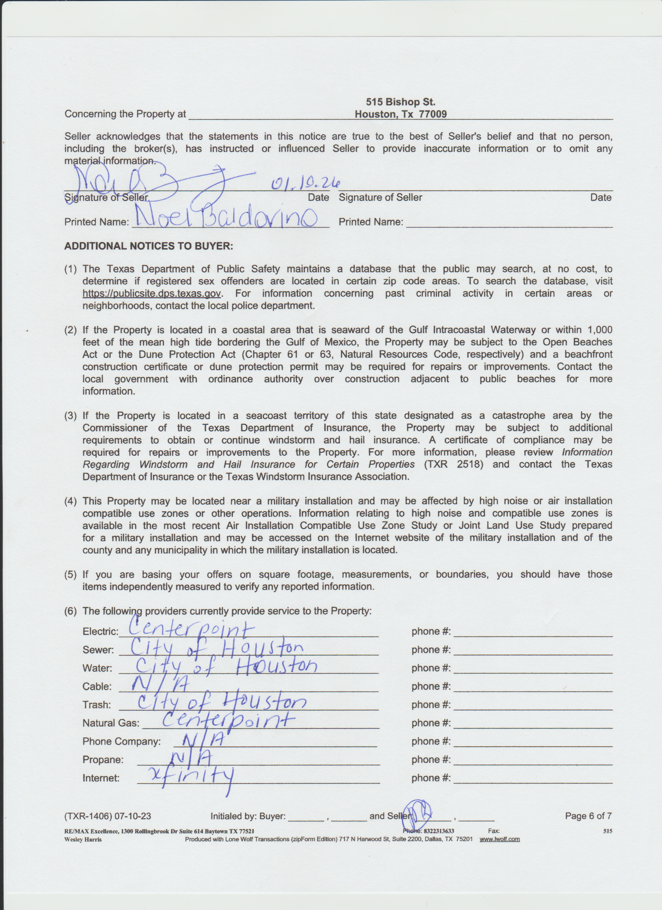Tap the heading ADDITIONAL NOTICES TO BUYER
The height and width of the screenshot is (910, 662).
point(148,246)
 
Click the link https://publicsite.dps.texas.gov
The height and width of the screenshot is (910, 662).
point(152,293)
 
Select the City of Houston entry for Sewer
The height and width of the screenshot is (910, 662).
point(217,647)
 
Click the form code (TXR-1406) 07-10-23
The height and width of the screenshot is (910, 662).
point(107,816)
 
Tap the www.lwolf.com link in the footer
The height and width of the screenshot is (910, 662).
point(499,839)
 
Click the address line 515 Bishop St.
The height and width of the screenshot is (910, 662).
point(400,102)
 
